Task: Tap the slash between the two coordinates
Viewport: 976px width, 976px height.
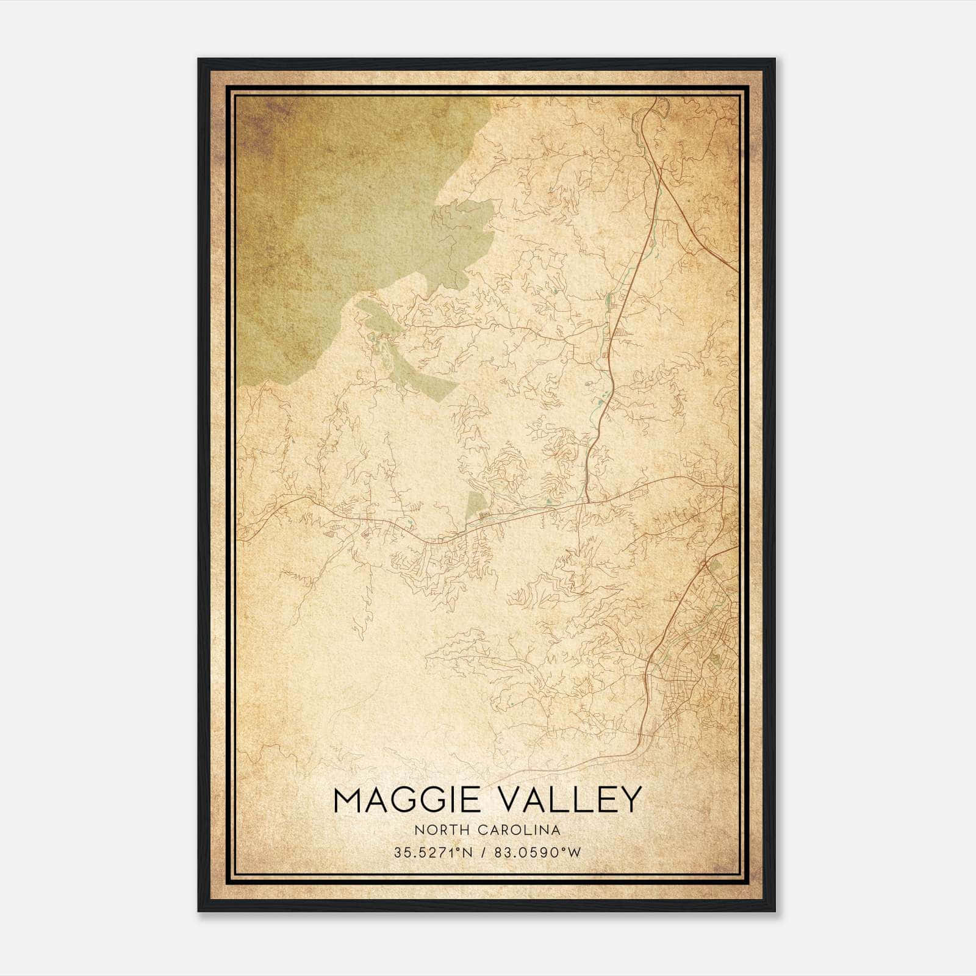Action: tap(483, 853)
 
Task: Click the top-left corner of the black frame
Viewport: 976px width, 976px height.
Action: tap(199, 60)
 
